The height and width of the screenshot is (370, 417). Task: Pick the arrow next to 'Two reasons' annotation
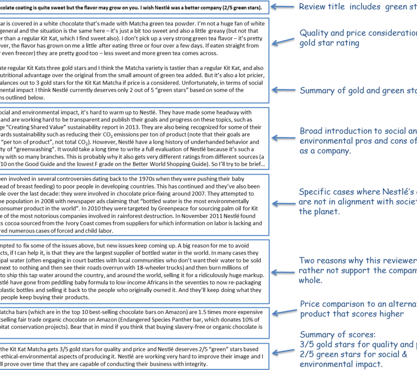[284, 266]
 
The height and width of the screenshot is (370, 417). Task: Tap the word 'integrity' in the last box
[194, 364]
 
